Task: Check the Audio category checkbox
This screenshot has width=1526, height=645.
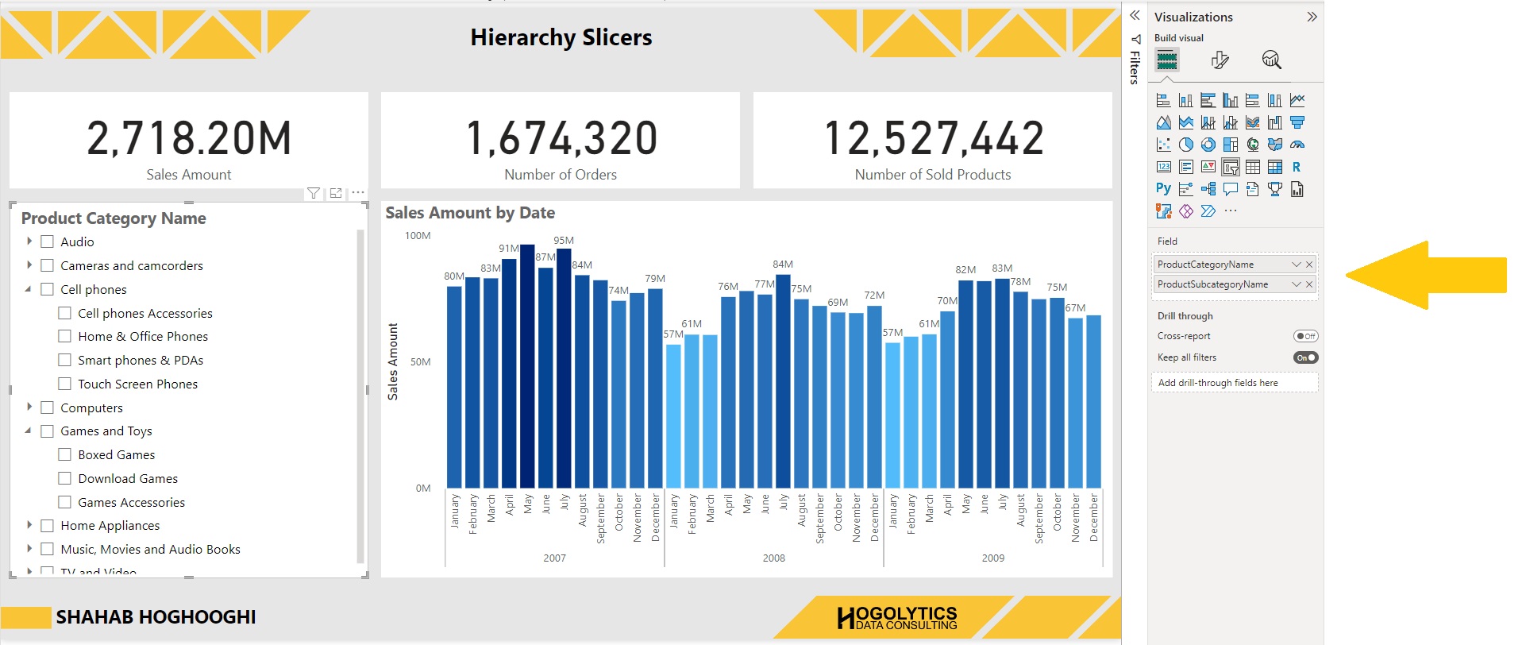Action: [x=48, y=241]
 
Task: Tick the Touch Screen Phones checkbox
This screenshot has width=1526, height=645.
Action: [x=65, y=384]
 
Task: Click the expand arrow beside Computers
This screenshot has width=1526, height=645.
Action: [x=29, y=407]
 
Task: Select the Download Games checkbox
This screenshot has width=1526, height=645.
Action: [x=65, y=478]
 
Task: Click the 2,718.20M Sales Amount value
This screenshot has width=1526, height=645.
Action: [x=189, y=138]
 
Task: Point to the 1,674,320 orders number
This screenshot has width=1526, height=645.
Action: [x=561, y=138]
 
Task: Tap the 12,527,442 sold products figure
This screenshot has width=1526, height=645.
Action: [x=933, y=138]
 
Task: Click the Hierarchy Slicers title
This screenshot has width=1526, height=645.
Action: [x=561, y=37]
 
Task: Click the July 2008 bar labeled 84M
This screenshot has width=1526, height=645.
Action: [x=783, y=381]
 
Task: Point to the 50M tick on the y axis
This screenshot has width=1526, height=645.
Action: [x=420, y=361]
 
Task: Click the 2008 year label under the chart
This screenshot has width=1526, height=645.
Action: [x=773, y=558]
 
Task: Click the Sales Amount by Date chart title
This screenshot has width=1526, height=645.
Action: [x=470, y=213]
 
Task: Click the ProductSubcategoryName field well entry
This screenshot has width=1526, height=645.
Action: [x=1212, y=284]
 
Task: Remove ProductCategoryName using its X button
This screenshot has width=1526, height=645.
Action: [x=1309, y=265]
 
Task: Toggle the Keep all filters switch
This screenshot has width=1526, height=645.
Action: [x=1305, y=357]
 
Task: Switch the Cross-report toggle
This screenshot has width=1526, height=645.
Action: [x=1305, y=336]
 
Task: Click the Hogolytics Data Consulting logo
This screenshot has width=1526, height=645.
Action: [x=897, y=618]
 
